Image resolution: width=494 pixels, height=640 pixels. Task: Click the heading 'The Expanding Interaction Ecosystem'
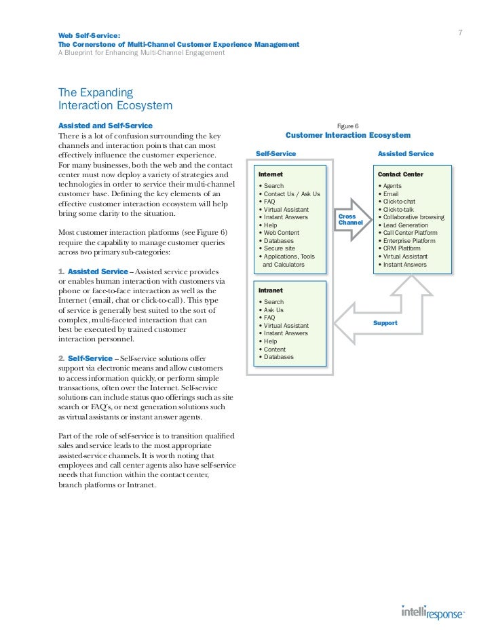click(x=115, y=98)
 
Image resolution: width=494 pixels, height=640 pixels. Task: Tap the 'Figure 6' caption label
click(x=348, y=126)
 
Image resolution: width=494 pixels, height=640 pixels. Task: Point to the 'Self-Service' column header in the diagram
click(x=275, y=154)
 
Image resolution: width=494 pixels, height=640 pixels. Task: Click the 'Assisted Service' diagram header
click(x=405, y=154)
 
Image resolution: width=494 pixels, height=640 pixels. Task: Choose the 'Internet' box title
click(x=271, y=174)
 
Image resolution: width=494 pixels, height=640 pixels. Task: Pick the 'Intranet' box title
click(x=271, y=290)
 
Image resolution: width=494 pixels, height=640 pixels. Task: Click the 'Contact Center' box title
click(x=400, y=174)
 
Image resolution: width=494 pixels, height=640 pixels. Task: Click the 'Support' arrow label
click(x=385, y=323)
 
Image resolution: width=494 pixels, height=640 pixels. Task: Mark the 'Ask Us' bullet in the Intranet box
click(x=275, y=309)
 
